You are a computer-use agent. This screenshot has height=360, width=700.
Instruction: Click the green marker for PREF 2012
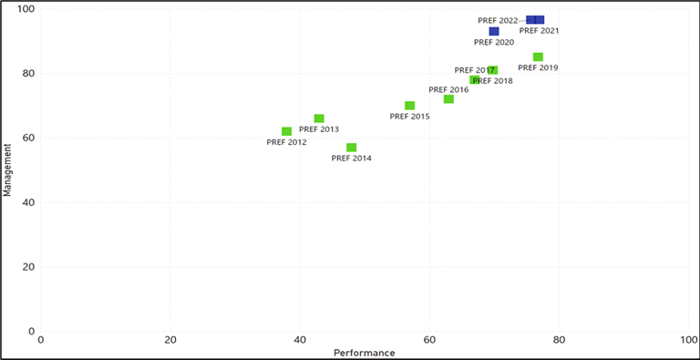[287, 131]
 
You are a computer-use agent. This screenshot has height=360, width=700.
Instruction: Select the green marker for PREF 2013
[319, 118]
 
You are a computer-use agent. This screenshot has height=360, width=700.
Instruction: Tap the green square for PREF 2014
[352, 148]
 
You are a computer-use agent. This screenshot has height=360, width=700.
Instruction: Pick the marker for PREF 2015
[410, 106]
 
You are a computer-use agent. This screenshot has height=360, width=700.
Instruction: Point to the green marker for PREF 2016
[448, 98]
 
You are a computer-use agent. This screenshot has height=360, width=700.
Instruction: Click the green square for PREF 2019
[539, 57]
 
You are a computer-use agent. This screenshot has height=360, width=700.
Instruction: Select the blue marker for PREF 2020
[494, 31]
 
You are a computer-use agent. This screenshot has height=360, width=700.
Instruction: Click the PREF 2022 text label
[498, 20]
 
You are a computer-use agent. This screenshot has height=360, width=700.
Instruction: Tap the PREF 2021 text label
[539, 31]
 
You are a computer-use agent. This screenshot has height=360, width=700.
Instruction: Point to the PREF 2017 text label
[473, 70]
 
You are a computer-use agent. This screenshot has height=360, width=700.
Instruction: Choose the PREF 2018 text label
[492, 81]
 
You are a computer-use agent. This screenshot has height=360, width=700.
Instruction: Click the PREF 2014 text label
[352, 159]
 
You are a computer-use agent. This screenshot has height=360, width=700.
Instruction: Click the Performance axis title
[365, 353]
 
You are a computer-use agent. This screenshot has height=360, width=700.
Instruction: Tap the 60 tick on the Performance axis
[429, 340]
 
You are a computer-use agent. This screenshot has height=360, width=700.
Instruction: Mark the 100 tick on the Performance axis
[689, 340]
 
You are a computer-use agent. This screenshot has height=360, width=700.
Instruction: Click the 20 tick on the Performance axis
[170, 340]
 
